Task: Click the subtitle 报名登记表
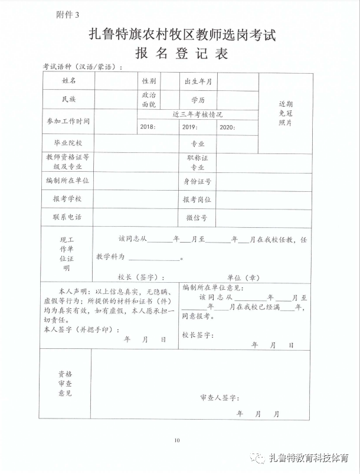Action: point(181,54)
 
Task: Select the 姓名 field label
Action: point(69,81)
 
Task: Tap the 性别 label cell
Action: point(149,81)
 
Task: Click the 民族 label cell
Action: point(68,99)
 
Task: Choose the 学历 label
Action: point(198,100)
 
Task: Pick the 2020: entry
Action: point(227,127)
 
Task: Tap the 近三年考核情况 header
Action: point(198,115)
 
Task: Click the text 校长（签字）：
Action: point(141,276)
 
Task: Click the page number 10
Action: point(176,440)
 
